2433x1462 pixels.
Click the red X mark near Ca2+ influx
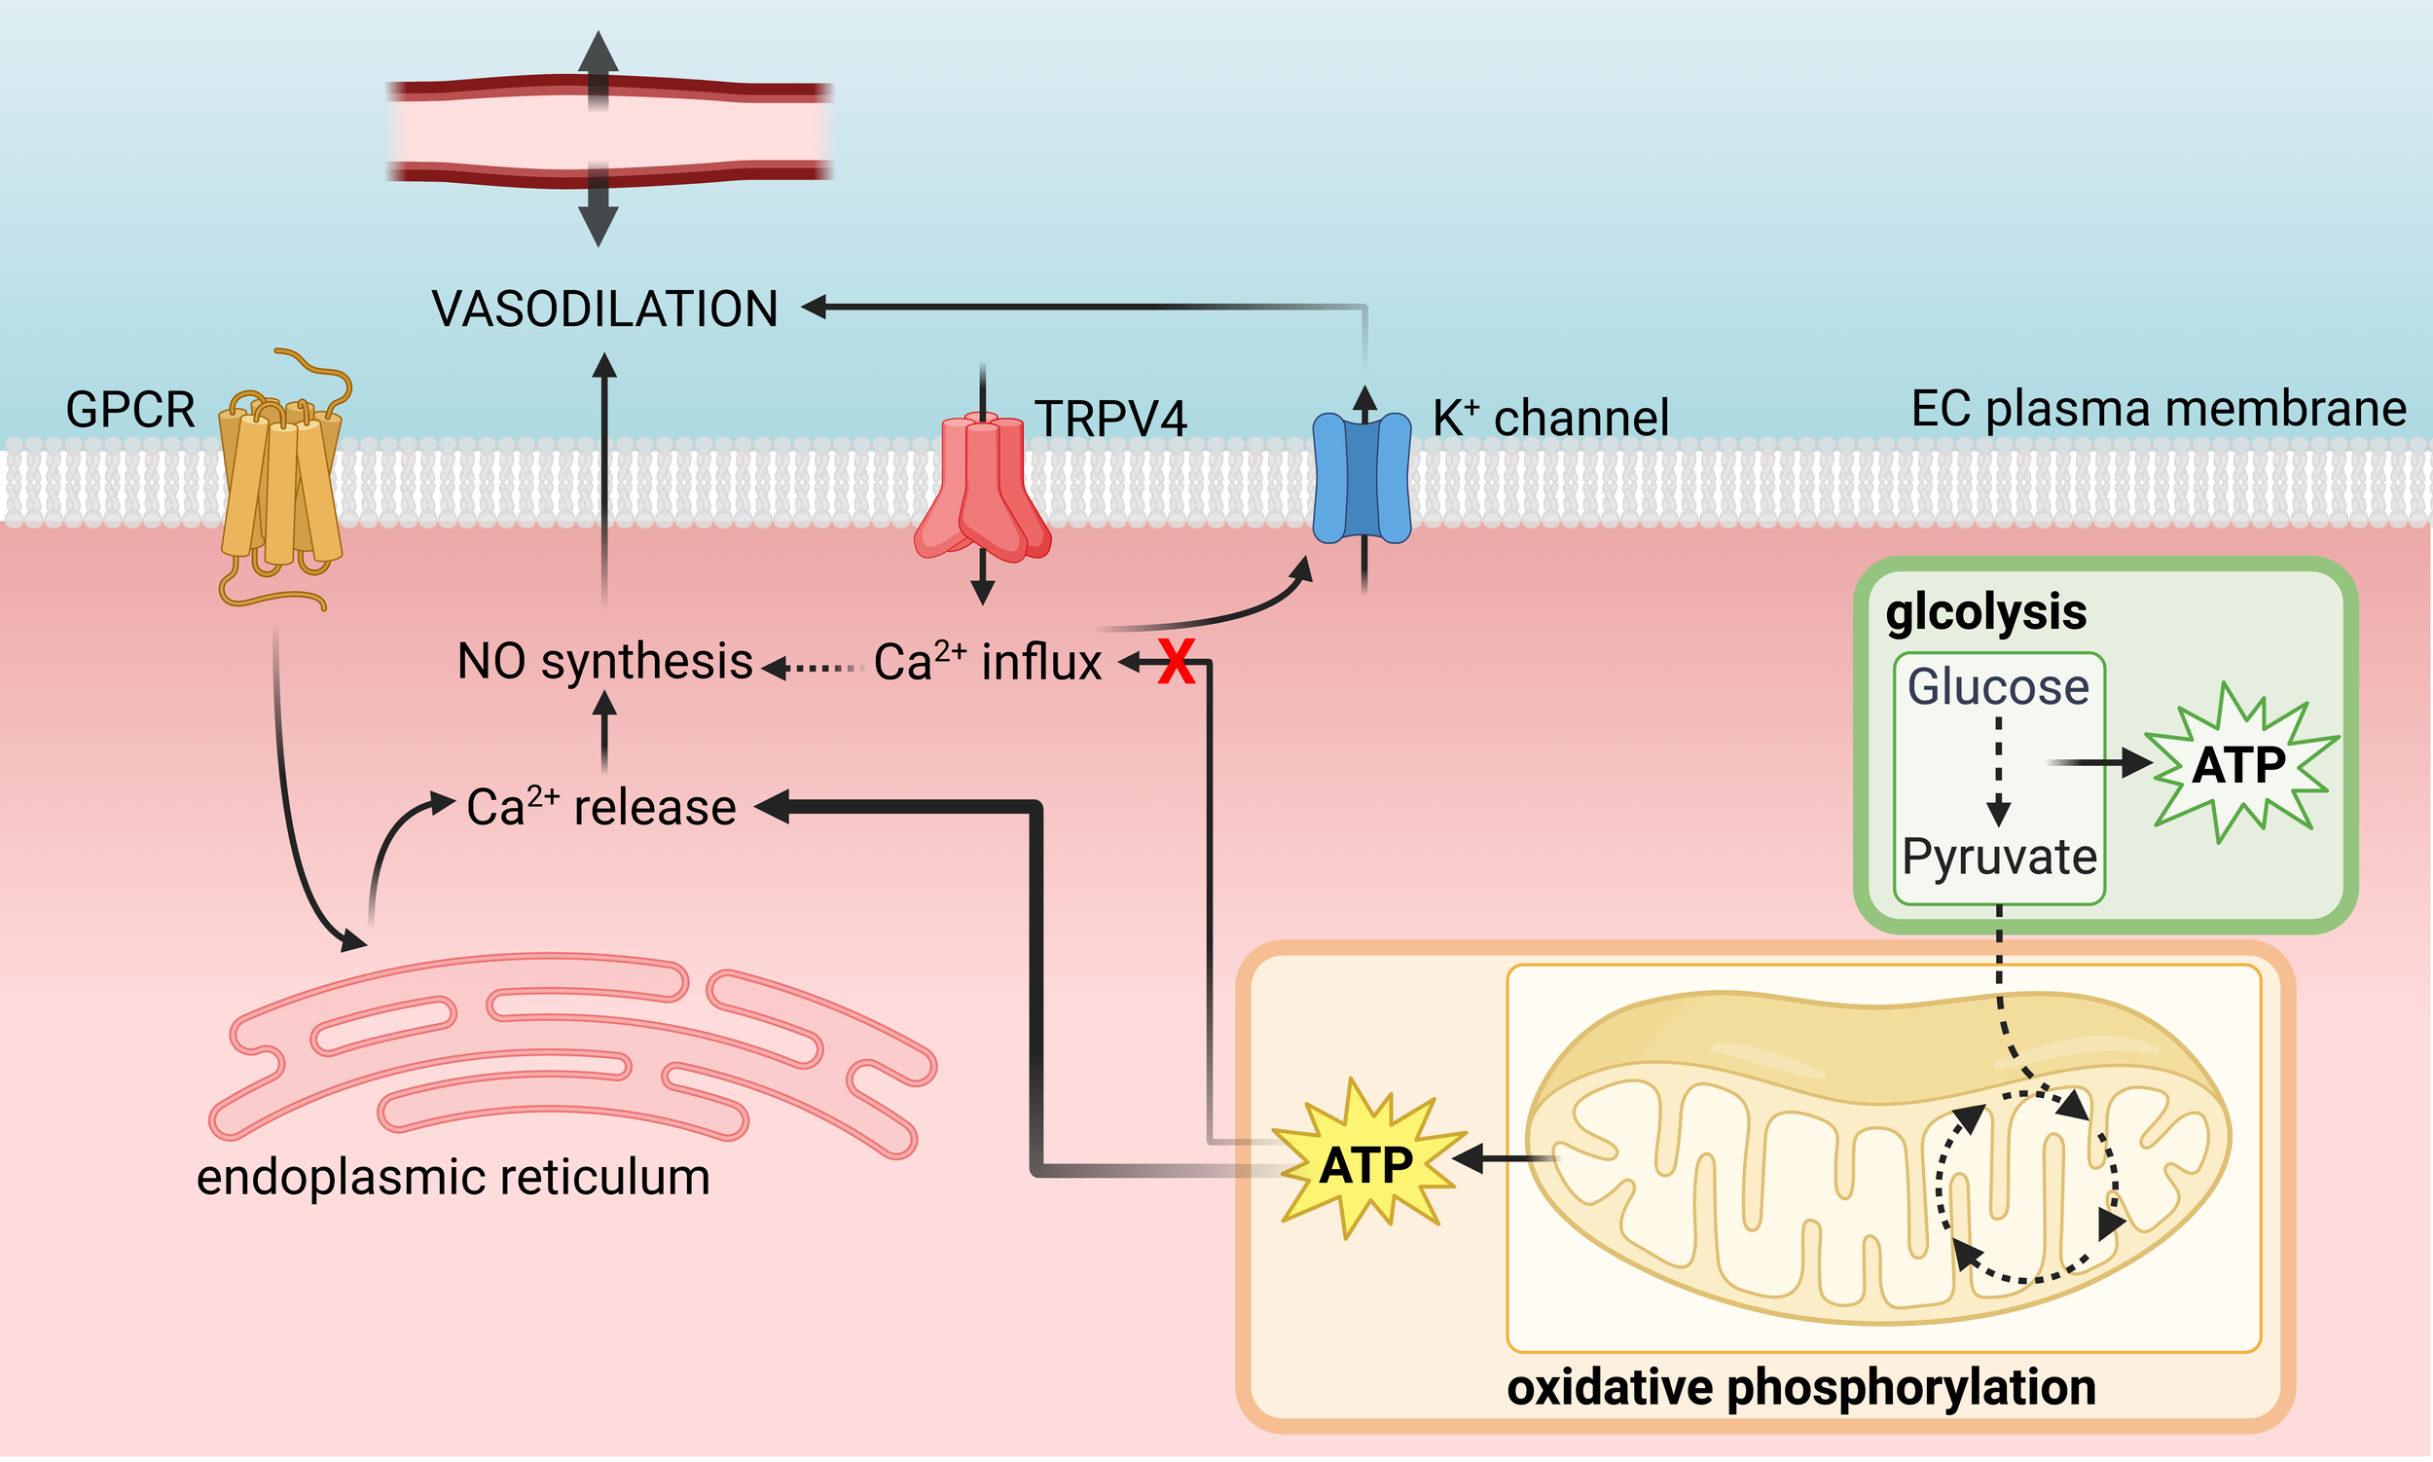(1177, 661)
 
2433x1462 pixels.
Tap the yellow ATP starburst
(1366, 1159)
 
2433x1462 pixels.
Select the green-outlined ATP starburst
(2240, 764)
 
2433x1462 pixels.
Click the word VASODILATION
(604, 309)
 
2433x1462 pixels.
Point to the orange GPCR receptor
(280, 478)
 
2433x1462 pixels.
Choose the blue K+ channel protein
(1363, 478)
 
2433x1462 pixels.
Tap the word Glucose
(1998, 686)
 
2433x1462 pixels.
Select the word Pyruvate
(2000, 857)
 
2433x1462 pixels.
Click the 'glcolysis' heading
(1985, 613)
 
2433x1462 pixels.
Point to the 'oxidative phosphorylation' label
(1801, 1388)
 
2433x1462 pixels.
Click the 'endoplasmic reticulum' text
(454, 1177)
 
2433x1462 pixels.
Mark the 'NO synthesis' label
(604, 661)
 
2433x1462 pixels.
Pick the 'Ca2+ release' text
(600, 807)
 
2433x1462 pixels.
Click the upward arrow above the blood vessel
(598, 69)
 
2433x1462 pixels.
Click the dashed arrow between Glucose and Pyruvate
(1999, 771)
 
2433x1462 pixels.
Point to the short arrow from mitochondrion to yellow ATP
(1507, 1158)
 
